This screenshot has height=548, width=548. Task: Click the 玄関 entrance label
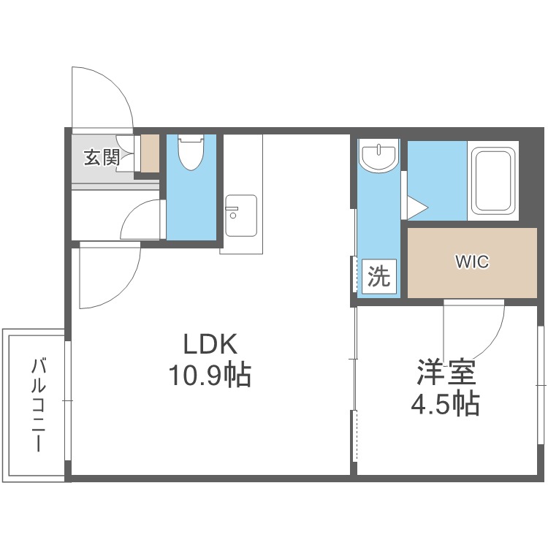102,157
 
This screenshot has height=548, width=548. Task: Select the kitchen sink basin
241,216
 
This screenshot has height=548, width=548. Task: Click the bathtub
493,180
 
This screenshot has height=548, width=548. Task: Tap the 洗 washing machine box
379,276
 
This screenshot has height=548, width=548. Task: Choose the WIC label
472,262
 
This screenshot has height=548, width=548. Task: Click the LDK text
210,344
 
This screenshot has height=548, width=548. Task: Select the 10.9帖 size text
210,375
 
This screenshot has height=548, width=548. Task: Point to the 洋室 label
446,373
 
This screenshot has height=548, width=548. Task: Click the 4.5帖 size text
445,403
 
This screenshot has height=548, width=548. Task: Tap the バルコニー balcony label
39,404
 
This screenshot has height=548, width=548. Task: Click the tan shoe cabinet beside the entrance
150,153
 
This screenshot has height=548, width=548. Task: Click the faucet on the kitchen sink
232,211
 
